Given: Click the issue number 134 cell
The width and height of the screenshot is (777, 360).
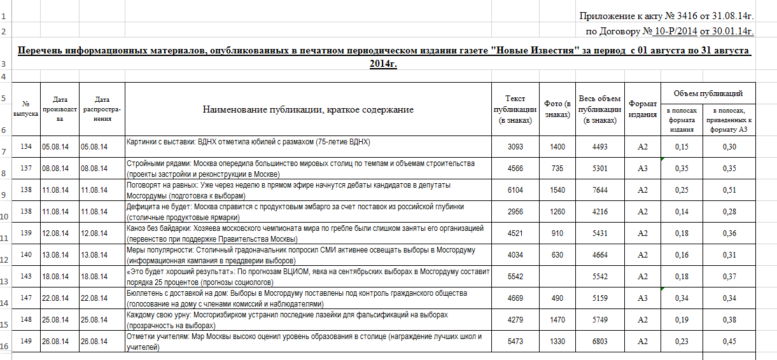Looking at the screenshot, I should (x=25, y=147).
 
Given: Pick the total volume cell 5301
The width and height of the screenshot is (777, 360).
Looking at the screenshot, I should (x=599, y=169).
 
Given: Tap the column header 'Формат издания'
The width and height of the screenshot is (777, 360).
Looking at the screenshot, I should (x=643, y=109).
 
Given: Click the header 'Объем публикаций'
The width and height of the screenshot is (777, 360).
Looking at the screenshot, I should (x=708, y=93).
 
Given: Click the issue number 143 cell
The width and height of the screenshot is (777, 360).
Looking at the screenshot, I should (x=25, y=277).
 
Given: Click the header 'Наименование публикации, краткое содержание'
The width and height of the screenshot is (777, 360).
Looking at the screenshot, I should (x=308, y=109).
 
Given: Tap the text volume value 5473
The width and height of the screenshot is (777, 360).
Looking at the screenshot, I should (x=515, y=342).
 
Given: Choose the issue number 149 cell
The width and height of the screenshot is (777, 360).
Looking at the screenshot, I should (x=25, y=342).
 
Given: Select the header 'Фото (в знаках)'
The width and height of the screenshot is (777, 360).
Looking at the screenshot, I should (x=557, y=109).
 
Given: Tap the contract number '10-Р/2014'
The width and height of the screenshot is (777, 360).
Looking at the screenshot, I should (x=675, y=31).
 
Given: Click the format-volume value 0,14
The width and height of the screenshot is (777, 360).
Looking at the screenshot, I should (x=682, y=212).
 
